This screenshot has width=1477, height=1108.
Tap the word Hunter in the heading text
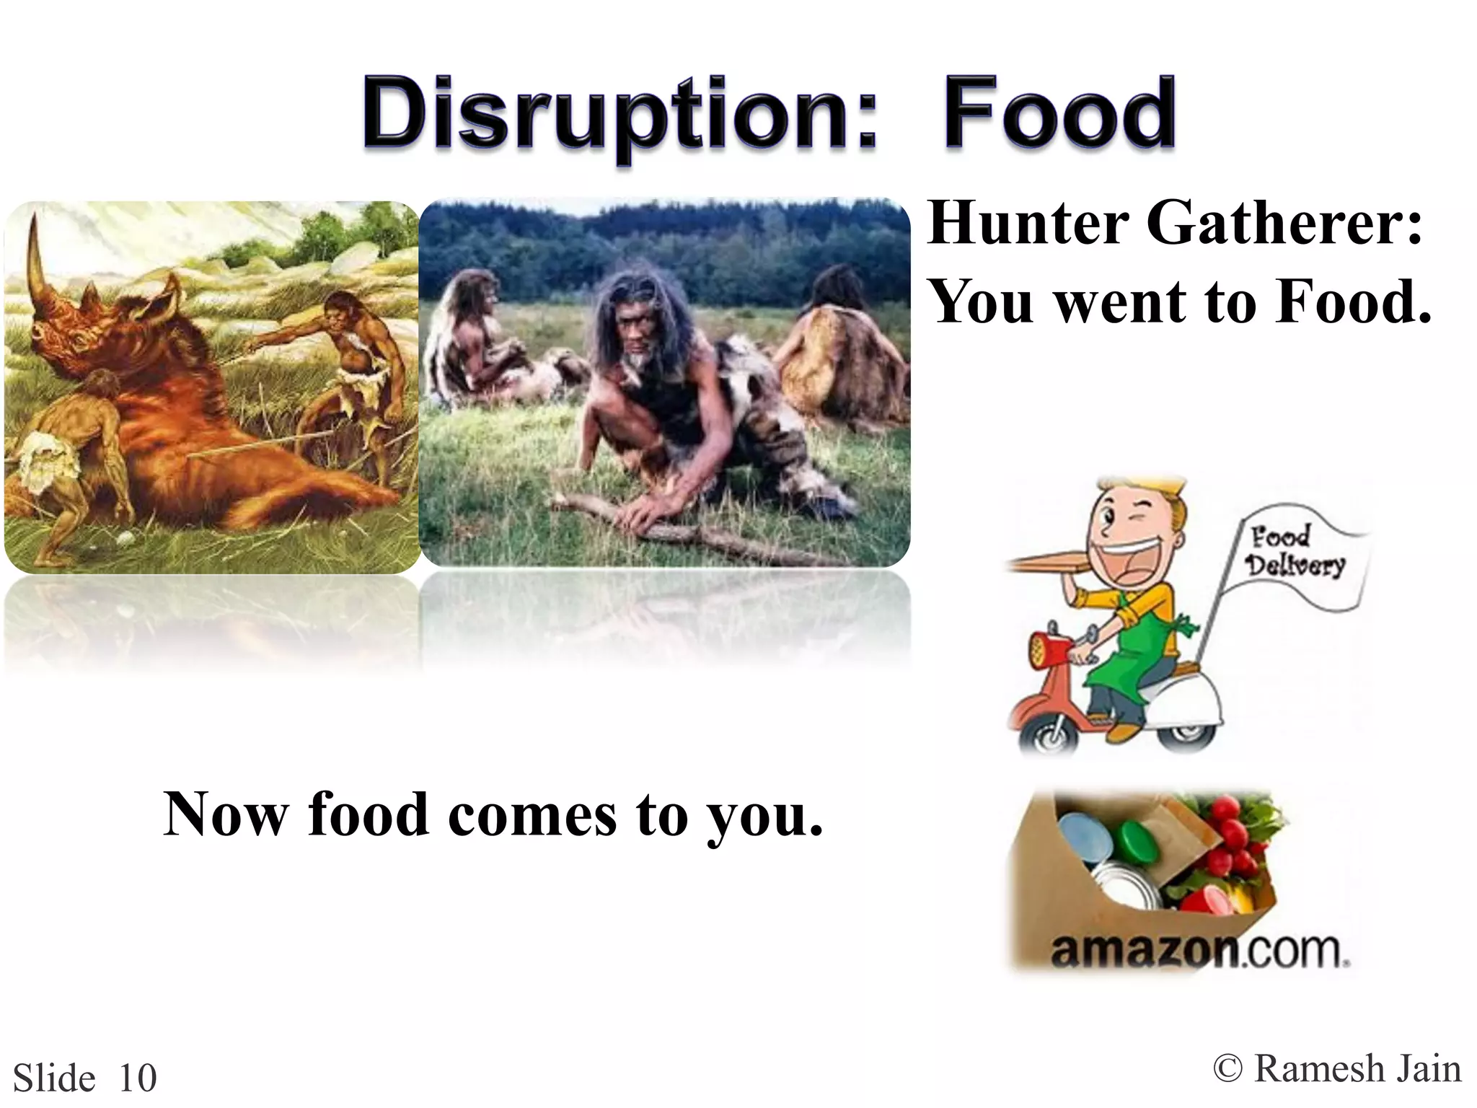[1028, 223]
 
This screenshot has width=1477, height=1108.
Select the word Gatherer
[1283, 223]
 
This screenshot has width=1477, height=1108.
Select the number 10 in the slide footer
[137, 1078]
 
